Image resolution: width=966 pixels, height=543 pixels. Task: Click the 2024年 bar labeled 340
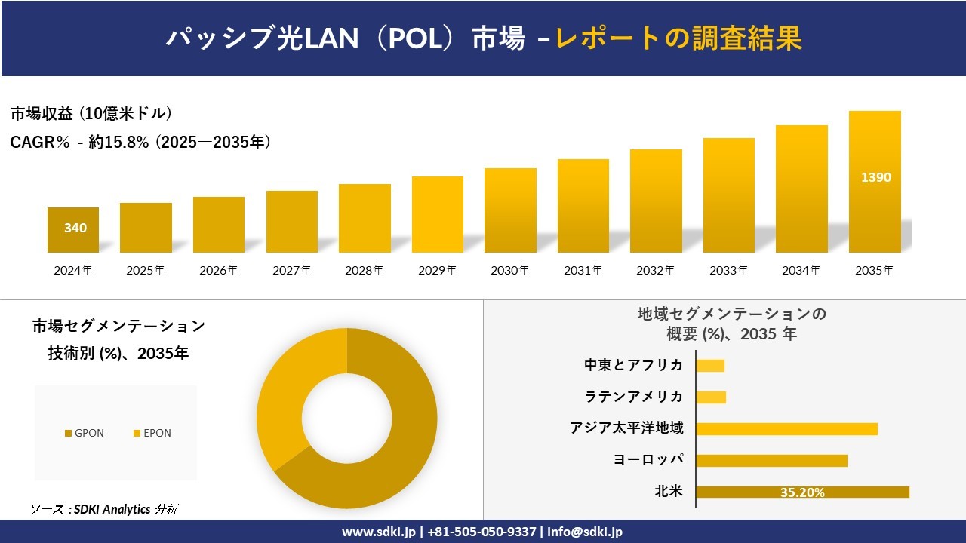click(73, 229)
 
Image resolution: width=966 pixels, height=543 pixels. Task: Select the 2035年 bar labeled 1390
click(875, 182)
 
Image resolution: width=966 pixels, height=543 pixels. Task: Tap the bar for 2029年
click(438, 214)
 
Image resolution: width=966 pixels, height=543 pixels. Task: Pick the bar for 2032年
click(656, 201)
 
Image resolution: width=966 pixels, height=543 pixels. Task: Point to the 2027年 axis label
click(291, 270)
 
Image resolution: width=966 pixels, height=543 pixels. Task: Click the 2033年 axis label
click(728, 270)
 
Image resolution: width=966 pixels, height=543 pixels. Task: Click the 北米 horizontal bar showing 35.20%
click(802, 492)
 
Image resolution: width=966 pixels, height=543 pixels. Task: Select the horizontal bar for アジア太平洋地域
click(786, 428)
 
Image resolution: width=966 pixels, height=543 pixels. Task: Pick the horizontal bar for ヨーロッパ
click(771, 460)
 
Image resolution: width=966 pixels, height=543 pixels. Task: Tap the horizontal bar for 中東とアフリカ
click(710, 366)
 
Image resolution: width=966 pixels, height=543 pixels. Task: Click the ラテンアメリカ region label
click(634, 397)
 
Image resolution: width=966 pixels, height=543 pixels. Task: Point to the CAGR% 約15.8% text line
click(140, 142)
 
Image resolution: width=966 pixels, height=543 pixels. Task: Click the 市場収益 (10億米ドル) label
click(91, 114)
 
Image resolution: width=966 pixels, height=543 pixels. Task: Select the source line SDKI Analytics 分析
click(104, 509)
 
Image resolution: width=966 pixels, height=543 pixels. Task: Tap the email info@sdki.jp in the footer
click(585, 532)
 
